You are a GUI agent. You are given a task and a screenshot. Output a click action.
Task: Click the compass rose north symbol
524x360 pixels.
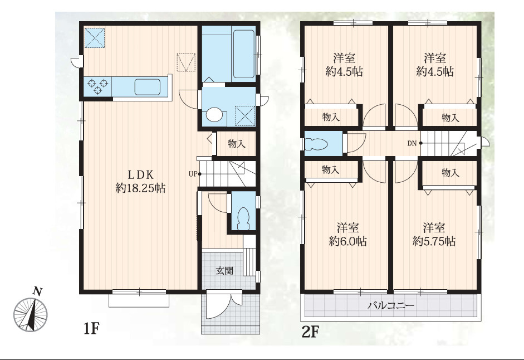click(x=31, y=311)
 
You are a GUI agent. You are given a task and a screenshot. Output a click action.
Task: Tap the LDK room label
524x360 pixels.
click(x=141, y=174)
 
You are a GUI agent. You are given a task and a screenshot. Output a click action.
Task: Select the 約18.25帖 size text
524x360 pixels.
click(x=140, y=188)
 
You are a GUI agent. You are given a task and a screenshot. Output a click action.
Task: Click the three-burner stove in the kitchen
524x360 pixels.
click(x=97, y=86)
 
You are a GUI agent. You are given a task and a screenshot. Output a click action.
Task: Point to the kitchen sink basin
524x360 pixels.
click(x=147, y=87)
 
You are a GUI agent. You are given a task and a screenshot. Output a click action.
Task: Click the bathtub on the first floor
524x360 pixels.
click(x=243, y=54)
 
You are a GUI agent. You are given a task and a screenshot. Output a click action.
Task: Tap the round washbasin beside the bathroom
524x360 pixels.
click(x=214, y=114)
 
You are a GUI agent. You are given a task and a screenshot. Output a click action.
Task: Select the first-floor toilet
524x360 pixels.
click(x=242, y=218)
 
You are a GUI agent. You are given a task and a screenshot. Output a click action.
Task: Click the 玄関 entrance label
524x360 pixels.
click(x=224, y=270)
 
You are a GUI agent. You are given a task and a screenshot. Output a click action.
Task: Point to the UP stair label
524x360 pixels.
click(x=193, y=174)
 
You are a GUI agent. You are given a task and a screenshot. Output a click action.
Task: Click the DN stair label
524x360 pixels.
click(x=412, y=143)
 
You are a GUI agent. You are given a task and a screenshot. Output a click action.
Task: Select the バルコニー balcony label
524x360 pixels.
click(x=391, y=305)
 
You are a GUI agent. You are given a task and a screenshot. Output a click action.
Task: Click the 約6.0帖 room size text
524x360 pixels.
click(x=347, y=241)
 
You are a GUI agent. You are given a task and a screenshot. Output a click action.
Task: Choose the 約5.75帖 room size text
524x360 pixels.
click(x=434, y=241)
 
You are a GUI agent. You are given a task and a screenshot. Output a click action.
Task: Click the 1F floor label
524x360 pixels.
click(x=91, y=329)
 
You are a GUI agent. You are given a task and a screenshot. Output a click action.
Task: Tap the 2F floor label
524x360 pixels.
click(x=311, y=332)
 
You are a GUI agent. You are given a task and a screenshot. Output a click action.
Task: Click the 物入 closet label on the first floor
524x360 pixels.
click(x=237, y=144)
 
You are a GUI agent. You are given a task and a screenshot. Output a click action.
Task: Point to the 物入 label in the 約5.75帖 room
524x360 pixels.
click(x=450, y=173)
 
